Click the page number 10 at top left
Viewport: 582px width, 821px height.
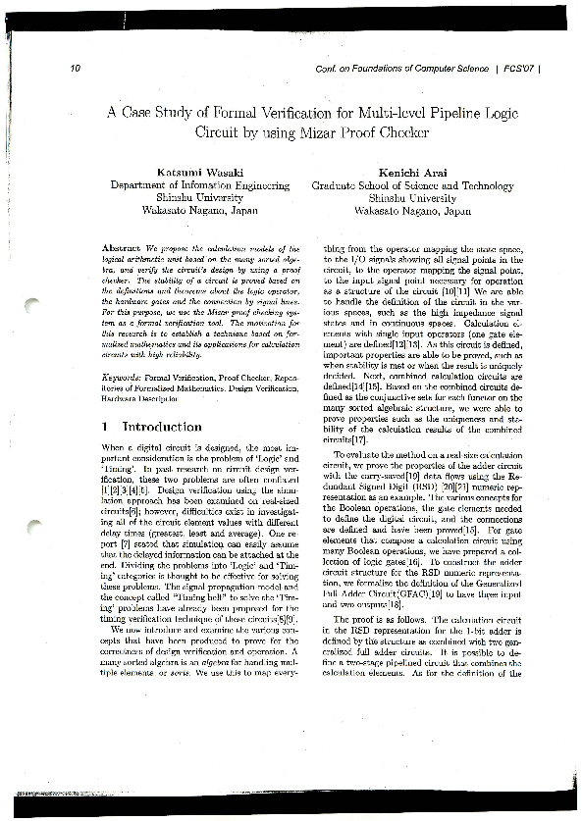76,68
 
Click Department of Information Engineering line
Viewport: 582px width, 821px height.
199,184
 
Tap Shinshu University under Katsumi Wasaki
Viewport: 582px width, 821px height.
199,197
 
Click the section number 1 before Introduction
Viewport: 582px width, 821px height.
105,428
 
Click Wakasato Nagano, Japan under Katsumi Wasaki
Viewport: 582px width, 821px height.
199,210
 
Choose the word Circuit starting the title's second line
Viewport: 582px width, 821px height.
223,131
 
